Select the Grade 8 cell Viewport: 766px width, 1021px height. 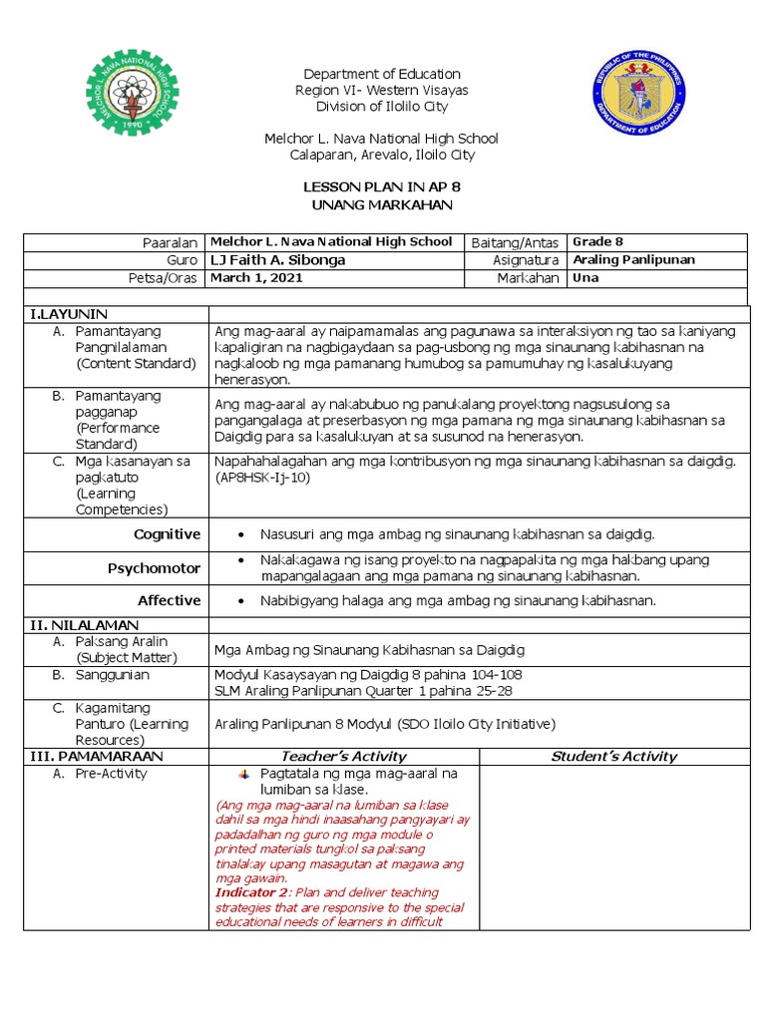click(598, 242)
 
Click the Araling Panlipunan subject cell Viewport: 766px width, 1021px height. click(634, 260)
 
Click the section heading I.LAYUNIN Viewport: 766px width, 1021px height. click(69, 314)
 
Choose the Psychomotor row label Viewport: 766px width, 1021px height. click(154, 568)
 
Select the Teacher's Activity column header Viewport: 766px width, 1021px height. click(343, 756)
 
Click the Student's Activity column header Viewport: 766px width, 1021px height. click(613, 756)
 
